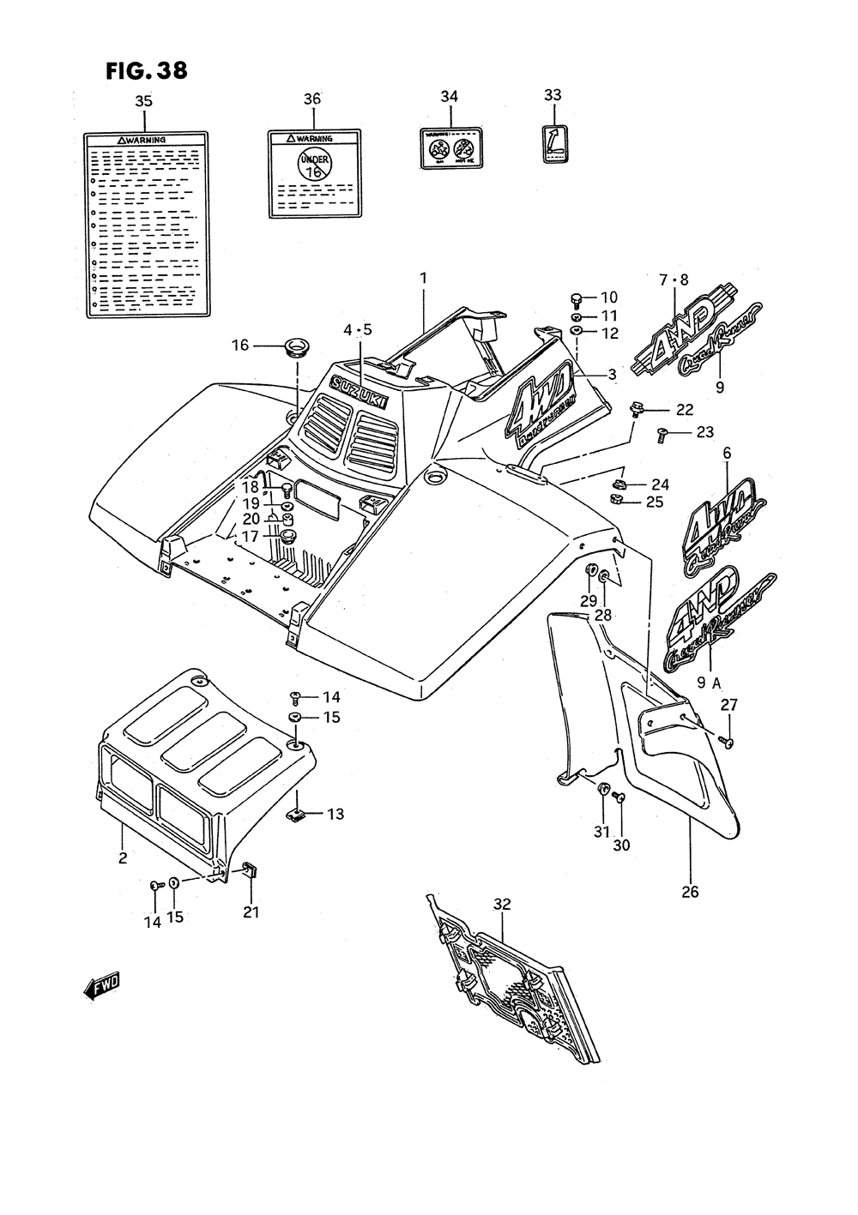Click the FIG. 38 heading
(146, 70)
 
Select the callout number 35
(143, 101)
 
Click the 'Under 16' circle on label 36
(314, 163)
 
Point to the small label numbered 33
(553, 142)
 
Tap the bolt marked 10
(577, 299)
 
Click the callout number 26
(690, 892)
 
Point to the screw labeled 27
(728, 742)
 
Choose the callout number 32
(503, 903)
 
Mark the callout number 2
(123, 857)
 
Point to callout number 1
(423, 278)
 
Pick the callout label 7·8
(674, 280)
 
